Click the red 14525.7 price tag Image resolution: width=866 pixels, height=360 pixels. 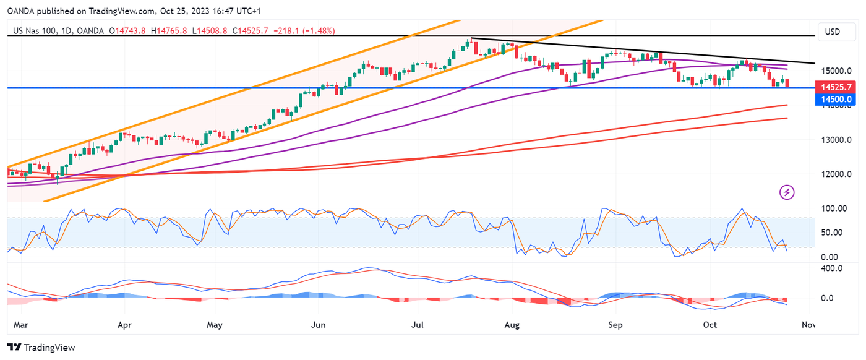point(838,88)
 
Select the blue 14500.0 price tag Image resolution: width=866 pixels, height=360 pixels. point(838,99)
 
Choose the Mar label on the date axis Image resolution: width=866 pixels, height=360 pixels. point(20,325)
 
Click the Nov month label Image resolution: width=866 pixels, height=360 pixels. point(808,325)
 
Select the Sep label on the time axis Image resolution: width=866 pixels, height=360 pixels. point(615,325)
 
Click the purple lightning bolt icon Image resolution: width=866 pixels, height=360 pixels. point(787,192)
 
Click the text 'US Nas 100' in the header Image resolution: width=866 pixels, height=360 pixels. point(33,30)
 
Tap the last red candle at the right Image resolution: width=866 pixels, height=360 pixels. point(787,83)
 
